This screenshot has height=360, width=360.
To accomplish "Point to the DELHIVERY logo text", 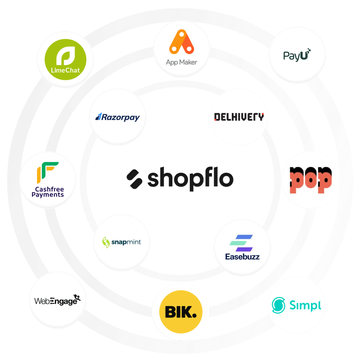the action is click(x=239, y=117).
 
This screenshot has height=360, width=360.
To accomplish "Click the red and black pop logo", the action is click(x=310, y=179).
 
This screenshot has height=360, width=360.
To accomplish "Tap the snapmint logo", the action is click(x=122, y=242).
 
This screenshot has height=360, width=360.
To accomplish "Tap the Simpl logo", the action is click(x=297, y=306).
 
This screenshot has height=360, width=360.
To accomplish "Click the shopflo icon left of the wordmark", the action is click(x=135, y=179).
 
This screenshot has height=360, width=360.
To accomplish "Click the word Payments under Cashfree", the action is click(x=48, y=195).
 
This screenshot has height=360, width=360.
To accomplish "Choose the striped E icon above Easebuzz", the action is click(x=242, y=243).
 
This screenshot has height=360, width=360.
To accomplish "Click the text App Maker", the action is click(x=182, y=62).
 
